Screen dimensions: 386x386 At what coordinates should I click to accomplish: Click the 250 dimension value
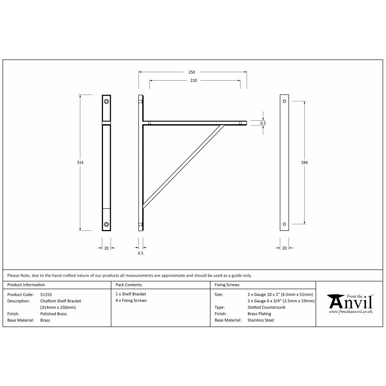[x=192, y=72]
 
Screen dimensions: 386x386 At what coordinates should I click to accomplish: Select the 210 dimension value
[x=194, y=81]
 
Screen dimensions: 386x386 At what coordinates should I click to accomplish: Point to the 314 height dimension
[x=80, y=163]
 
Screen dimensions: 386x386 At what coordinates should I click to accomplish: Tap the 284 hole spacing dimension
[x=304, y=163]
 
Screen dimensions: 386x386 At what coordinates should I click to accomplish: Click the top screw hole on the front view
[x=106, y=102]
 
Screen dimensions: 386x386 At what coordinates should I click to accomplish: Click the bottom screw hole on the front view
[x=106, y=224]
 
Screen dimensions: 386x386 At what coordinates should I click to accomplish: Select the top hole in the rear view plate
[x=284, y=101]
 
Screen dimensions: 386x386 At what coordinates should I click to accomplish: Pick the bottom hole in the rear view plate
[x=284, y=224]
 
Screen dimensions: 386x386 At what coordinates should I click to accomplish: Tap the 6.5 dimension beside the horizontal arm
[x=263, y=123]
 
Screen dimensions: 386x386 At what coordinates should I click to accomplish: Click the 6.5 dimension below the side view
[x=141, y=254]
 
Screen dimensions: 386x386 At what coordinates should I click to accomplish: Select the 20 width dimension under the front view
[x=106, y=248]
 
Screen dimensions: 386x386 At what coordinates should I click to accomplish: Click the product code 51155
[x=46, y=294]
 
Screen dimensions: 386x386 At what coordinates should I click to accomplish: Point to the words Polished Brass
[x=53, y=314]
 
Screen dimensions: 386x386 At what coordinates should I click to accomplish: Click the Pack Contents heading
[x=129, y=285]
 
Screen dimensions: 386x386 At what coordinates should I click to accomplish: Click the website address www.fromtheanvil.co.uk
[x=350, y=311]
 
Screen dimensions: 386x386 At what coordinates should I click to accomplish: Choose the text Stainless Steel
[x=261, y=320]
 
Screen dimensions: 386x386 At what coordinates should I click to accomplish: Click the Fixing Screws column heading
[x=227, y=285]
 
